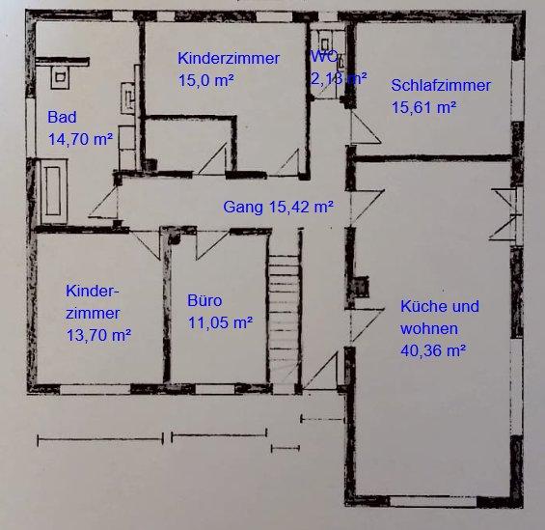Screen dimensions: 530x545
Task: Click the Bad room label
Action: (x=60, y=117)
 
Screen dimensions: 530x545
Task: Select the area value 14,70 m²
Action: (x=81, y=139)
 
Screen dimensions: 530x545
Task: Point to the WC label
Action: (x=322, y=57)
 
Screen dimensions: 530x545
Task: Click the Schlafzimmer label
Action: (x=441, y=85)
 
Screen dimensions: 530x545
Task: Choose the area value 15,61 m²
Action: (x=423, y=108)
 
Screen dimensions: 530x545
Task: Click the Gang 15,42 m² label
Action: (x=278, y=207)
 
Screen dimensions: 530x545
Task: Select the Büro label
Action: (x=204, y=300)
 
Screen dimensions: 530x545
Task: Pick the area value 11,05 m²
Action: (x=220, y=323)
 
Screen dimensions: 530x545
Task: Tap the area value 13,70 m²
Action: (x=98, y=336)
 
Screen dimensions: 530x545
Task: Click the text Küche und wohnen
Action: (x=439, y=318)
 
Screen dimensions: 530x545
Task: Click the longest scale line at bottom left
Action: (x=99, y=439)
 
